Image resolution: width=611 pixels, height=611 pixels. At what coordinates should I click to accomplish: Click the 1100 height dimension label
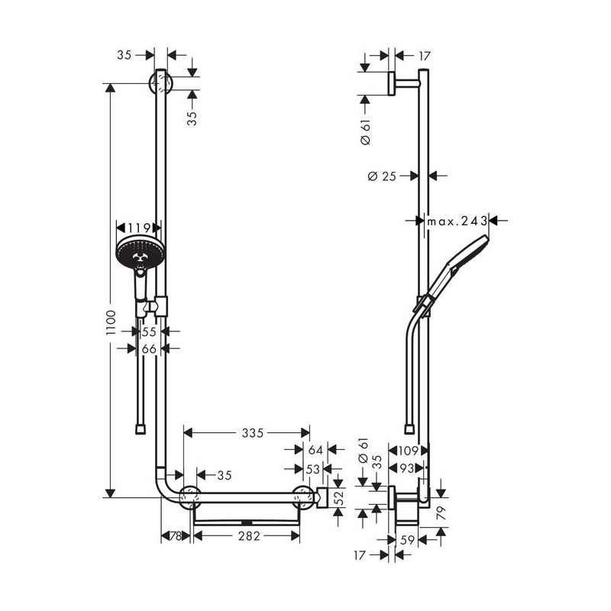point(111,322)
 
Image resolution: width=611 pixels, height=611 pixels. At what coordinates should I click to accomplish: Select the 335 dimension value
point(253,432)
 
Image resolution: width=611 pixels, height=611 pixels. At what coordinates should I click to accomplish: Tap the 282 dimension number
point(249,536)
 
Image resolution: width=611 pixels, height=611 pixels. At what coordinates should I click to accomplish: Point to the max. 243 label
point(457,221)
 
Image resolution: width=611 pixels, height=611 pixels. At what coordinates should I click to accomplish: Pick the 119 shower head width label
point(139,227)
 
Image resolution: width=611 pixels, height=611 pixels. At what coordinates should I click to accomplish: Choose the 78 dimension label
point(176,536)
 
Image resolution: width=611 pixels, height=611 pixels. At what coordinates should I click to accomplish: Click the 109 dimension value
point(408,451)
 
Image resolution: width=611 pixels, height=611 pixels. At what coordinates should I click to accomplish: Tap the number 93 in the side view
point(407,468)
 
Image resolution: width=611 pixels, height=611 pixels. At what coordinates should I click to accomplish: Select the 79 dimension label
point(441,513)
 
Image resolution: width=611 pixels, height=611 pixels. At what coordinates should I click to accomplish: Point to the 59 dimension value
point(407,540)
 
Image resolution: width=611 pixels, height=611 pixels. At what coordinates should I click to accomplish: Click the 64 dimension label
point(315,450)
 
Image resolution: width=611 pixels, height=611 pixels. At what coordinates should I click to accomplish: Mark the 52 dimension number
point(339,498)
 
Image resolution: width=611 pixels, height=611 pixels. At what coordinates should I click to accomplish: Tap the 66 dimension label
point(149,349)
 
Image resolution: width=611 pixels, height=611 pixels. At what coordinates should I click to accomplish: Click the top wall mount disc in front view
point(160,83)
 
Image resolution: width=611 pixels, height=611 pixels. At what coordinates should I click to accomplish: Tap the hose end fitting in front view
point(141,429)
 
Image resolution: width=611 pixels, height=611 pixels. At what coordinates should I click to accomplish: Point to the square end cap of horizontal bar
point(322,497)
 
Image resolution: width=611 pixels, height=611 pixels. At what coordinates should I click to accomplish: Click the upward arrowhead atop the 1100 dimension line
point(111,89)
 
